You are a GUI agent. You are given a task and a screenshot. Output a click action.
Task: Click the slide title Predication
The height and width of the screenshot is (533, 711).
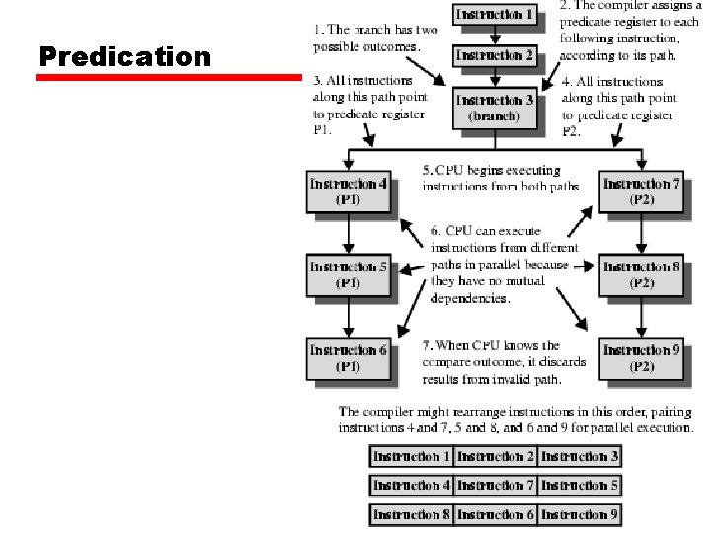[124, 56]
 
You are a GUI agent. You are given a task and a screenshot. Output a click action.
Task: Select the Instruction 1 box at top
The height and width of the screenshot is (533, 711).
[495, 15]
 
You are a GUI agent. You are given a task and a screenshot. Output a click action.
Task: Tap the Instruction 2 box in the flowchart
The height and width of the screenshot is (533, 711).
[495, 56]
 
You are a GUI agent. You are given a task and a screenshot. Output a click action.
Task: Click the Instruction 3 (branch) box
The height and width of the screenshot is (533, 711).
[495, 107]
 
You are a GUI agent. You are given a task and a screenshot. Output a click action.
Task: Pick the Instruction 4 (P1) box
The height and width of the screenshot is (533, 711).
[348, 191]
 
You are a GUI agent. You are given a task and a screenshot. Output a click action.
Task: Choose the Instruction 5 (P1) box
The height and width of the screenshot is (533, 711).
[348, 274]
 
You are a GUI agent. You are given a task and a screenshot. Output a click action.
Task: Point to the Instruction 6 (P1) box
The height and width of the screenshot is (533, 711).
[348, 358]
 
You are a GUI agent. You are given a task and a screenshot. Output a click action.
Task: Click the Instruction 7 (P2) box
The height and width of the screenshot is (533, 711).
[641, 191]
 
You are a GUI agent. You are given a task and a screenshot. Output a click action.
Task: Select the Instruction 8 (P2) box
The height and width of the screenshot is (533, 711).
[641, 274]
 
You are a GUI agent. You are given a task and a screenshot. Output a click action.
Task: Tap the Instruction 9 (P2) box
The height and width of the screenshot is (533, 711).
[641, 358]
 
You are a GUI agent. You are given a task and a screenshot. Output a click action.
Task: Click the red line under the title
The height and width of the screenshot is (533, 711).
[168, 77]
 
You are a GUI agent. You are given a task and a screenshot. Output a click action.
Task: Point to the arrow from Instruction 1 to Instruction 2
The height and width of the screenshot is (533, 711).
[495, 35]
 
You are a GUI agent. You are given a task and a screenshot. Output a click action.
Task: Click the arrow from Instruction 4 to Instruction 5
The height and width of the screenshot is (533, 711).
[348, 235]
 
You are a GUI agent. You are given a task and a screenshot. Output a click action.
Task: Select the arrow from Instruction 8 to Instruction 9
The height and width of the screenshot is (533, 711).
[641, 317]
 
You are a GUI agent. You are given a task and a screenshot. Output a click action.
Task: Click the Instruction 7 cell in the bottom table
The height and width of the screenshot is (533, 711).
[496, 486]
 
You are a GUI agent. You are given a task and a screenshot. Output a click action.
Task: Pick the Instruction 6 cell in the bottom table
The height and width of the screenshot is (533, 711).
[496, 514]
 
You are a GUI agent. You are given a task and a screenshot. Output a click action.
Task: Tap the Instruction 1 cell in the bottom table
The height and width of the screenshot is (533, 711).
[412, 457]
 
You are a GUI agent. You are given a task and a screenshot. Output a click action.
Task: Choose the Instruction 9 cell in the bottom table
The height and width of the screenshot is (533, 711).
[580, 514]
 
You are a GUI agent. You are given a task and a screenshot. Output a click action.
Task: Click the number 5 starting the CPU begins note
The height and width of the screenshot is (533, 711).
[427, 170]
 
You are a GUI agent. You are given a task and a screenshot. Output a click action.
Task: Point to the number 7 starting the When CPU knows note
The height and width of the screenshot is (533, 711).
[427, 345]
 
